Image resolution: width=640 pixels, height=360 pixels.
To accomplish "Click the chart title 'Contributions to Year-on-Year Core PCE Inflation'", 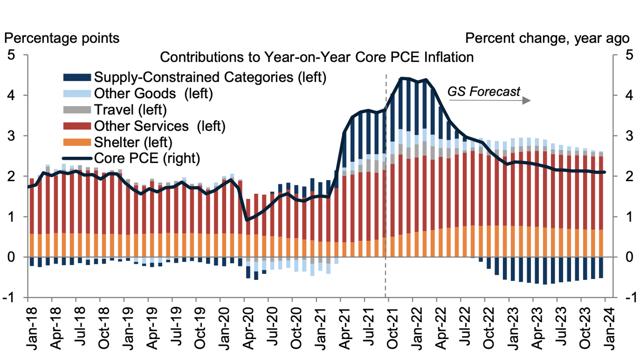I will pos(317,57).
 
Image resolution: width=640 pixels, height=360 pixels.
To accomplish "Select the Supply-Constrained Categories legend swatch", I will pos(77,77).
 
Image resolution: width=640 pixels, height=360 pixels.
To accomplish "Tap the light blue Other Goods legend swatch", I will pos(77,94).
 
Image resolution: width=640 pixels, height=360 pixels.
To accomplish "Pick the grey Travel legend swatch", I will pos(77,110).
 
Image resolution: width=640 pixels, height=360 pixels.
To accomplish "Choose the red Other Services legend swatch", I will pos(77,126).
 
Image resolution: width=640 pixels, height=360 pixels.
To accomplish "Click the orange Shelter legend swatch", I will pos(77,142).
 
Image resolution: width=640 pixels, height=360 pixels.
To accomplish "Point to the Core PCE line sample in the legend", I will pos(77,158).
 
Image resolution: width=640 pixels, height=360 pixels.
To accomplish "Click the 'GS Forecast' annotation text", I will pos(483,92).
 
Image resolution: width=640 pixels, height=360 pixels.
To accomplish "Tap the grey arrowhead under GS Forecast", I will pos(526,100).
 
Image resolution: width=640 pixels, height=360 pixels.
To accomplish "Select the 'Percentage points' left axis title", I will pos(62,38).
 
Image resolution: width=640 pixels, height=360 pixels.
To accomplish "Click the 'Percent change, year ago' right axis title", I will pos(547,38).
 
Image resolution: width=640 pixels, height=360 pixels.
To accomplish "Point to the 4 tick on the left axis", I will pos(11,96).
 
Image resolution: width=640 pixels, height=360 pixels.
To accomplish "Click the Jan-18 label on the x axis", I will pos(32,328).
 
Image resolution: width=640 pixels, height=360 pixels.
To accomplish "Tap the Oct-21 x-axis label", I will pos(393,328).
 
